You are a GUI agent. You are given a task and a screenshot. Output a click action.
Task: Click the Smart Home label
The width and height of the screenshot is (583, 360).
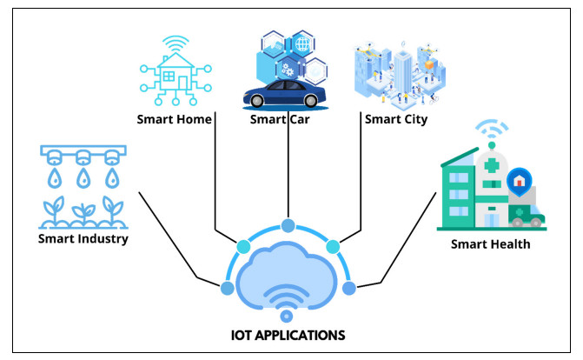[x=176, y=119]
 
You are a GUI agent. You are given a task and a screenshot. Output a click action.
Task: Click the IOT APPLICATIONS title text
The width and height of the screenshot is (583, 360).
[x=288, y=334]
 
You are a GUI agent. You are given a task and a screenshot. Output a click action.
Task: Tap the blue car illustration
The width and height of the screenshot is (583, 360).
[x=284, y=95]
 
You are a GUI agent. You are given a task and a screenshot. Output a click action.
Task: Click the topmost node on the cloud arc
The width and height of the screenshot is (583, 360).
[x=288, y=227]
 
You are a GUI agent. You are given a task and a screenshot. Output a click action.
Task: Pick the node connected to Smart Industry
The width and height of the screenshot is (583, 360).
[x=228, y=288]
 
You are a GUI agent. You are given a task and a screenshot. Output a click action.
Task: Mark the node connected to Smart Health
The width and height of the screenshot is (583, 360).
[x=349, y=288]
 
